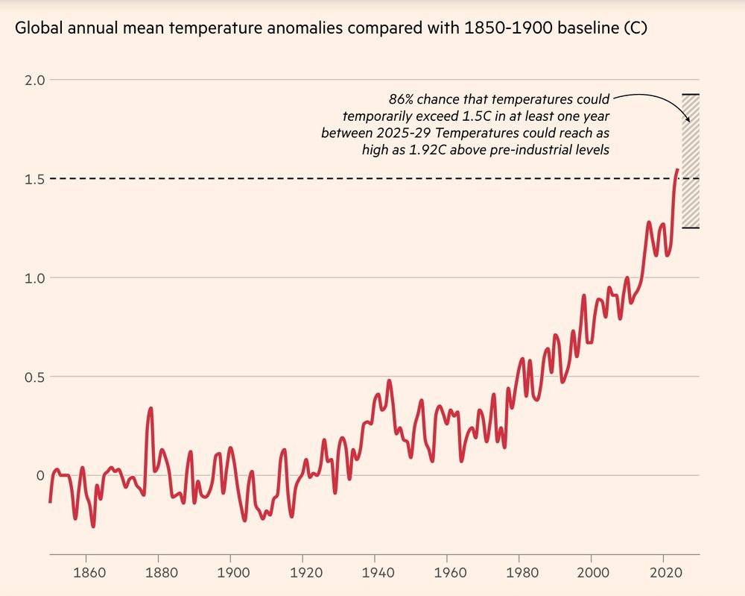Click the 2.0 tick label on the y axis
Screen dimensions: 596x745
click(36, 80)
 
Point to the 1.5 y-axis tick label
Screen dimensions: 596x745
click(36, 179)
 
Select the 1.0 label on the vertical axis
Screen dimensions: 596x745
click(36, 277)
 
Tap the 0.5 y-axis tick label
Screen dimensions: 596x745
click(36, 377)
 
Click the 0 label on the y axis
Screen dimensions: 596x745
click(41, 476)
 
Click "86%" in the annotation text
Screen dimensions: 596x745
click(403, 98)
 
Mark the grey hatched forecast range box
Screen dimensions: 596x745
click(691, 160)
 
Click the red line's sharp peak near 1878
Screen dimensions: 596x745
click(150, 408)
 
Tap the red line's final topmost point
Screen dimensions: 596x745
click(676, 170)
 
